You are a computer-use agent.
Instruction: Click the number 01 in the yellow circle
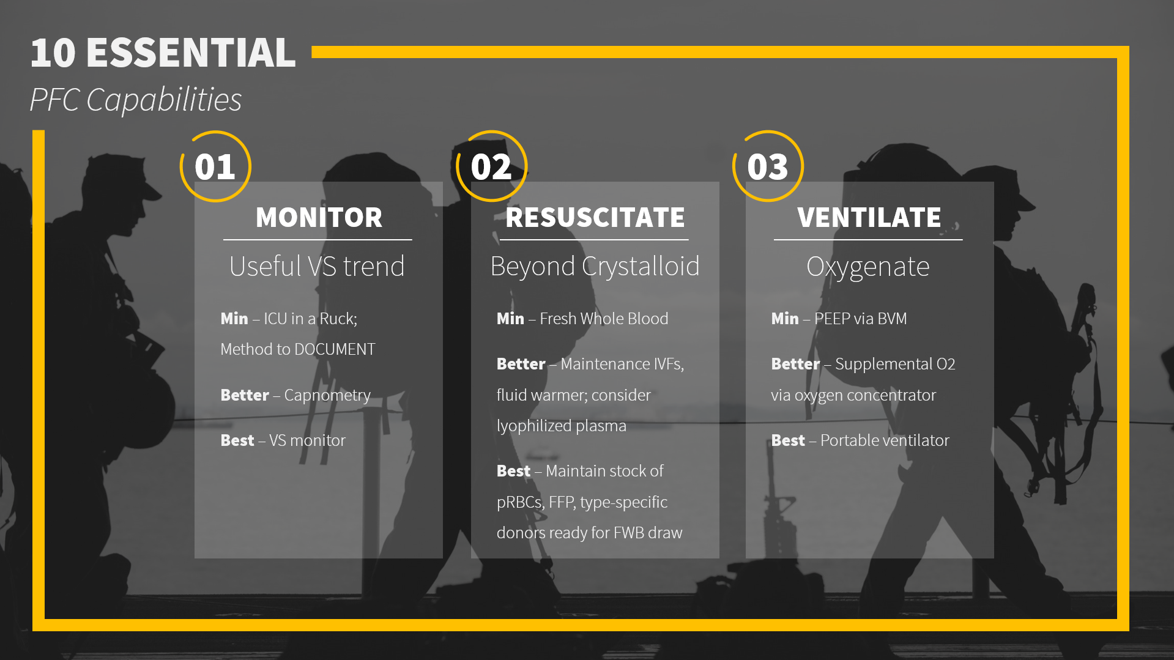(215, 167)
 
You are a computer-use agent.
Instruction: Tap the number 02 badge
(491, 167)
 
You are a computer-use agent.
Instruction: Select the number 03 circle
(768, 167)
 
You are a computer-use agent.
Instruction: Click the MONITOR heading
(319, 218)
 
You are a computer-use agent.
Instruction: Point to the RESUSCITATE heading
(595, 218)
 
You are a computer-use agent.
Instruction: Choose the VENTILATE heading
(869, 218)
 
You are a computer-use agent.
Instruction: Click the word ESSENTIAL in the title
(191, 53)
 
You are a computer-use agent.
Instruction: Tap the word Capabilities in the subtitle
(164, 100)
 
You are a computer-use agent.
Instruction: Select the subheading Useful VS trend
(317, 267)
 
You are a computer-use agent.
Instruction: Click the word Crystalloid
(641, 267)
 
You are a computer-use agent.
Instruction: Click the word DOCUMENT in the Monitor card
(335, 349)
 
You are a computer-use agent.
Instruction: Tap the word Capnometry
(327, 396)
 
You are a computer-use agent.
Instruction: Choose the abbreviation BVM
(892, 319)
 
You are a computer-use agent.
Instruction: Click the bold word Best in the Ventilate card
(788, 440)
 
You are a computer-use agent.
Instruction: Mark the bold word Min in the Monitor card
(234, 319)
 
